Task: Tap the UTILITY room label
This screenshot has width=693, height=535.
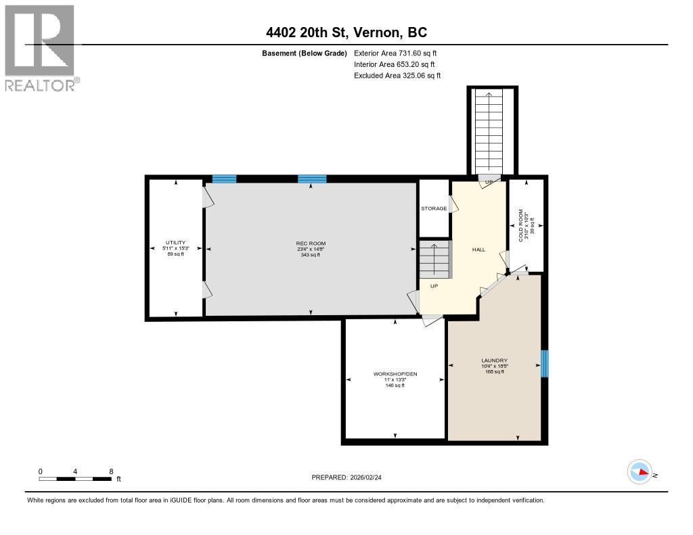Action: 176,242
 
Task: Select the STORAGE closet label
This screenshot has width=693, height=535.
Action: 434,208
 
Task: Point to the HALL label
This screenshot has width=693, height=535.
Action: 478,250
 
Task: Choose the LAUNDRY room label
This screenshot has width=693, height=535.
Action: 494,360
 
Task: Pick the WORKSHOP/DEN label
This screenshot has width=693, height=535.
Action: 395,374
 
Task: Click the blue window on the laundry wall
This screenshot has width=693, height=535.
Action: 544,364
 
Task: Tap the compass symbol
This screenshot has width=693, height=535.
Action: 640,472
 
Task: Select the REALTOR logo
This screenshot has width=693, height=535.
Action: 41,48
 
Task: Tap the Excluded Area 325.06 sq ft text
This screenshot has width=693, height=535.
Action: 397,76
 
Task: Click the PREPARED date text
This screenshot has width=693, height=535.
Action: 351,478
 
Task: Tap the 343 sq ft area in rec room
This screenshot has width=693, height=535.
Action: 311,255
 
